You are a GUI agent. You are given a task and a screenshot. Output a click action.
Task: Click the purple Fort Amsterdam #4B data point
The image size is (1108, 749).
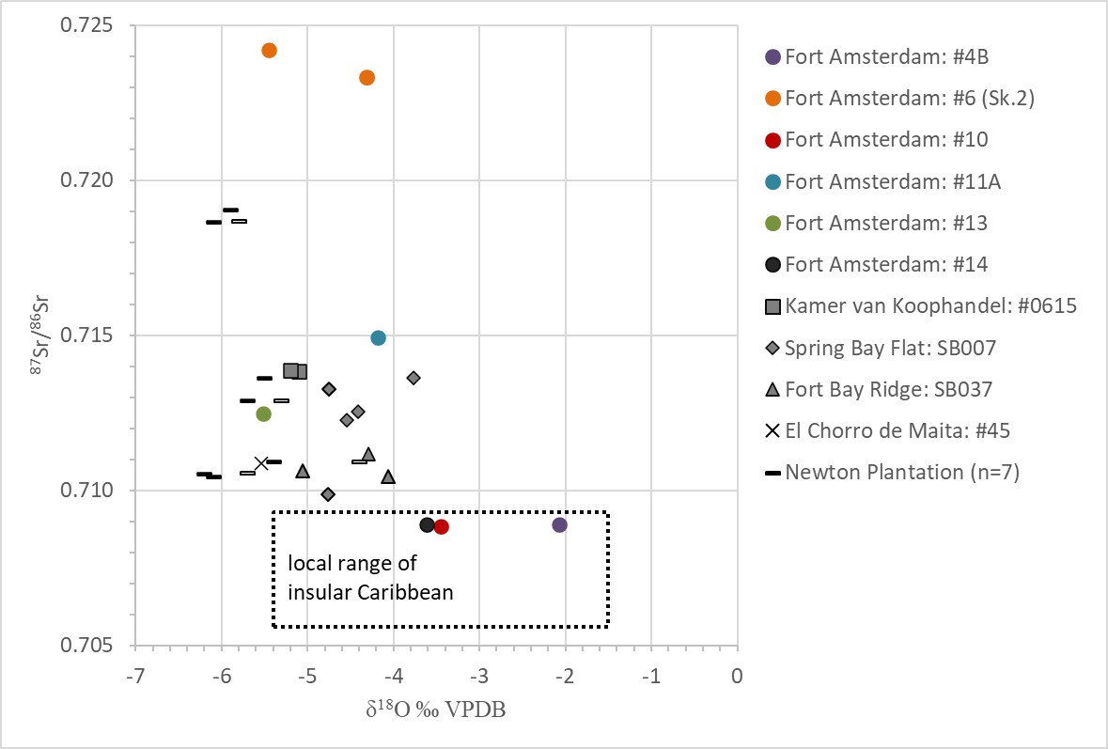[x=560, y=524]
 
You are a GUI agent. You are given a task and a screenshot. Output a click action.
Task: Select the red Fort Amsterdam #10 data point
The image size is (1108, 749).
[x=442, y=526]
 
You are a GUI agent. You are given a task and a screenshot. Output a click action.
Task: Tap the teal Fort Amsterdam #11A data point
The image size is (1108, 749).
[x=379, y=337]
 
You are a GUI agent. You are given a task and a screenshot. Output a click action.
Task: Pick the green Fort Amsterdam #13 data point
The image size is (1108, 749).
[x=264, y=414]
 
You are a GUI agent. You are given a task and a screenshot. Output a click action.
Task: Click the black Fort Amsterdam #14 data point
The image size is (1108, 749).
[x=428, y=524]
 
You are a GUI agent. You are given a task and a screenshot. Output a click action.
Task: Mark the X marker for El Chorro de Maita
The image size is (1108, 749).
[x=261, y=463]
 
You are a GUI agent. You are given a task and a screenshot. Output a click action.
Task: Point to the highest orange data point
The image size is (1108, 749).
[x=269, y=50]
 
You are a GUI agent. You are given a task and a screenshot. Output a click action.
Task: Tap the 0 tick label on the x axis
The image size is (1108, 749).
[x=737, y=676]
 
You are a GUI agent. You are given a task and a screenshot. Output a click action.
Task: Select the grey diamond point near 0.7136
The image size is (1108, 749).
[x=414, y=378]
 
